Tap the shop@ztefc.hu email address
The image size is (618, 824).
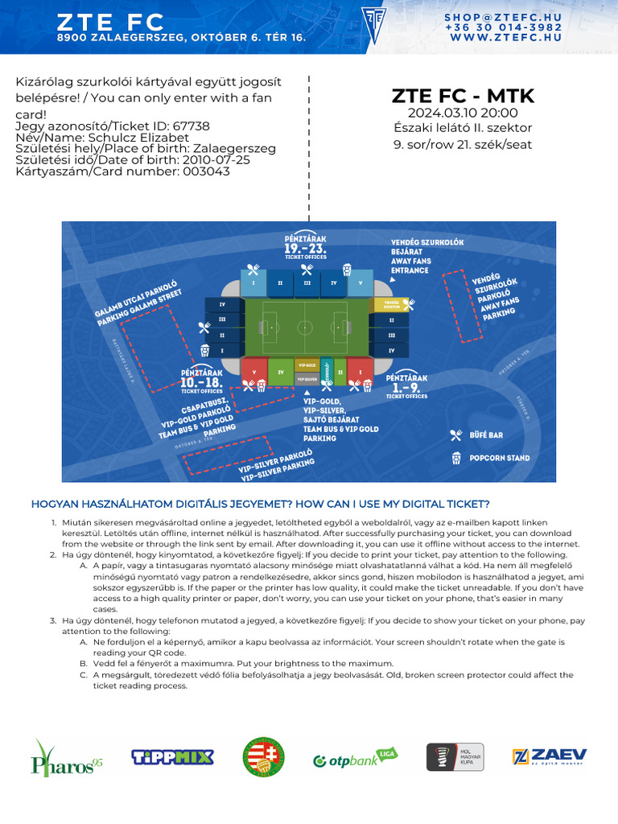503,17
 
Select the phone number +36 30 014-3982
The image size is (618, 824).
503,27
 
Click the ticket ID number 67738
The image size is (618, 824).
192,126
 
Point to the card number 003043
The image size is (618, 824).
208,171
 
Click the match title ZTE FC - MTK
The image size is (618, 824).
463,96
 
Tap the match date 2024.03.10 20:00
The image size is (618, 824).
463,113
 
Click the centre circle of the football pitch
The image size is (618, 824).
305,328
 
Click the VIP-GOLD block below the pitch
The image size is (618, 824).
307,365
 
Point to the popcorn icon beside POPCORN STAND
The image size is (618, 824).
456,458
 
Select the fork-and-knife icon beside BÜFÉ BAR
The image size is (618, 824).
456,435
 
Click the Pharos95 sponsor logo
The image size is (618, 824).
67,757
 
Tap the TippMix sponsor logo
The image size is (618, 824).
172,756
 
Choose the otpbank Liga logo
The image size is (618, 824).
355,758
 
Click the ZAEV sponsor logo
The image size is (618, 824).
550,757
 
